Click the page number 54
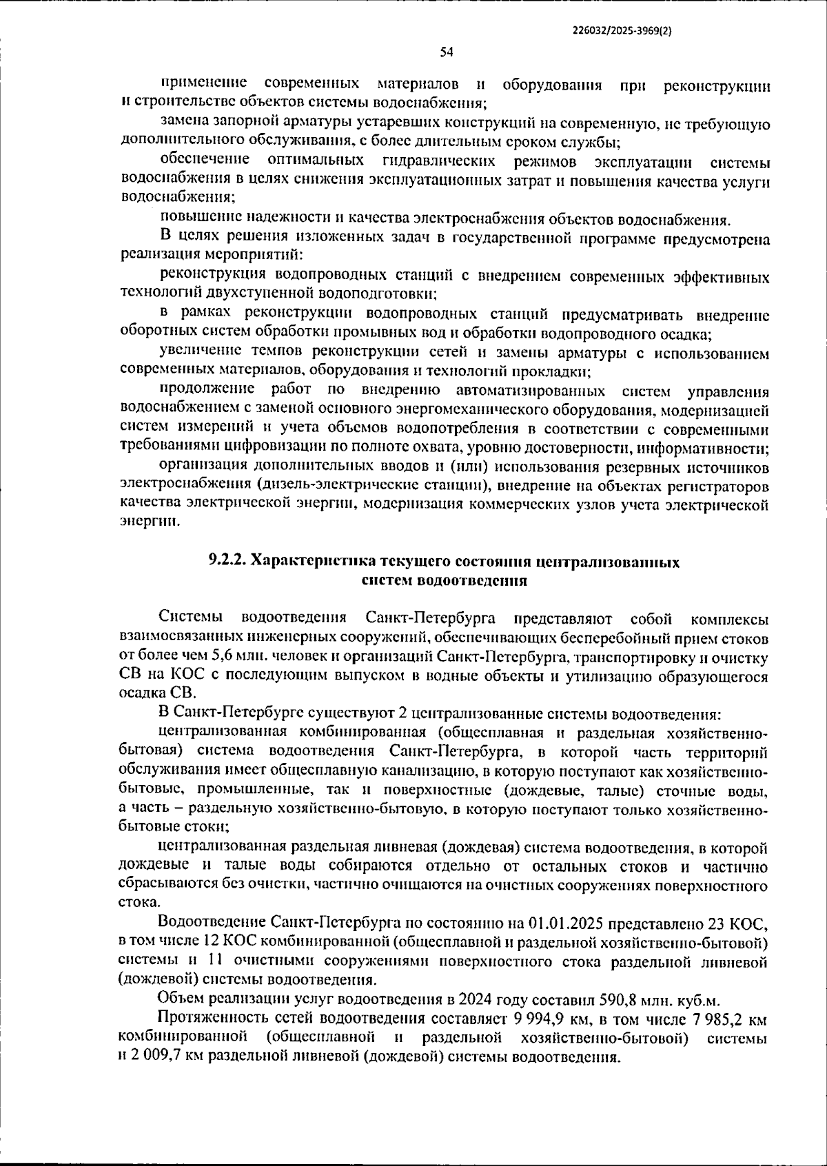[446, 52]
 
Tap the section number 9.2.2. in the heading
[227, 562]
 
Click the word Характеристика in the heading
[308, 562]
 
